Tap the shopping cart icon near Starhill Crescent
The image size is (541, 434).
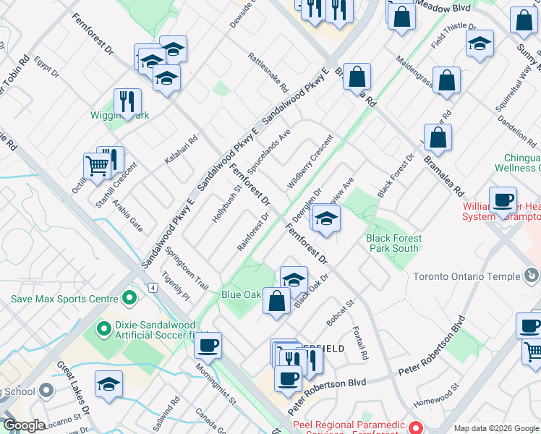pos(97,166)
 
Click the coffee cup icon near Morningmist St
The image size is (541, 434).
pos(208,344)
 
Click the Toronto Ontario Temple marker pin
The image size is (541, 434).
pos(532,276)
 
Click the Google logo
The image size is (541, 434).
pos(24,425)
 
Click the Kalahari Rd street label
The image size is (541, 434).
pos(181,150)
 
